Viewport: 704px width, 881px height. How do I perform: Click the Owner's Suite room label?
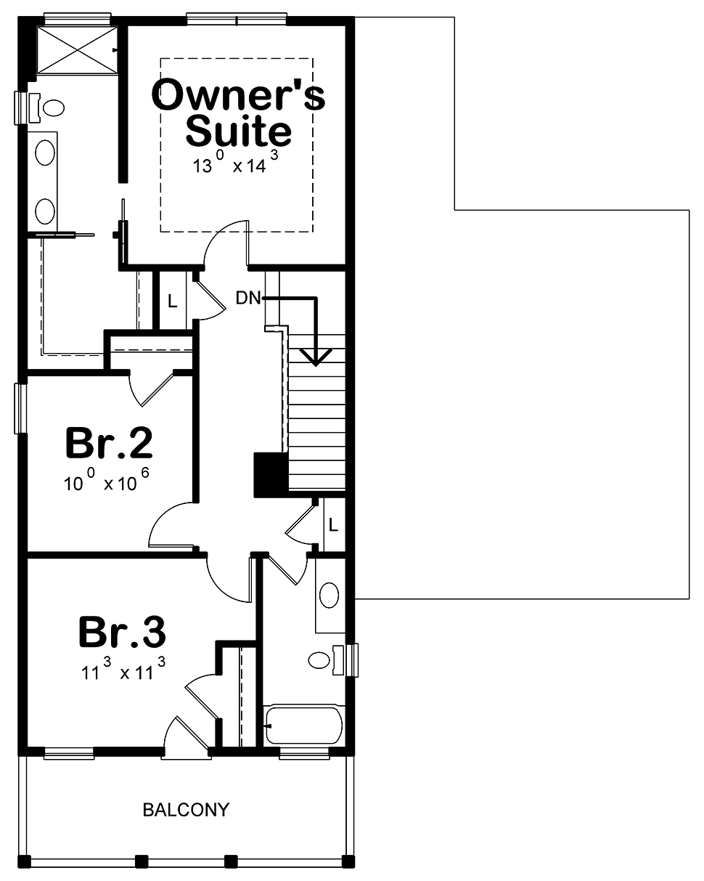[x=239, y=112]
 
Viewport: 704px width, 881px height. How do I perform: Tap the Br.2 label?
[x=109, y=442]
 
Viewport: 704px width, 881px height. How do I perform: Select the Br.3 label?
[x=122, y=632]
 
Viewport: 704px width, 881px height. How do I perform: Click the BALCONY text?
[x=186, y=809]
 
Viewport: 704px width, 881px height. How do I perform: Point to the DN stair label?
[x=248, y=298]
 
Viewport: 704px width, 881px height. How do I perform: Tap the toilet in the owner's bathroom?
[x=47, y=108]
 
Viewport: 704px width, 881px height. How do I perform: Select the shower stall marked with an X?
[x=77, y=50]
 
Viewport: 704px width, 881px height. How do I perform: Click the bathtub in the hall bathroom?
[x=303, y=726]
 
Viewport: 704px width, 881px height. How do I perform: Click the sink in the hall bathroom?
[x=329, y=596]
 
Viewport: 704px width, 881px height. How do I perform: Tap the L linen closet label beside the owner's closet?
[x=172, y=301]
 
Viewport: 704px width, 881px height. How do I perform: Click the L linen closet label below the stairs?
[x=333, y=524]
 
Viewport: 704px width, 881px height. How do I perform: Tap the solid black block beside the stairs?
[x=271, y=475]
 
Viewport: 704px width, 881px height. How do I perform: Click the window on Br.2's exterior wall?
[x=20, y=408]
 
